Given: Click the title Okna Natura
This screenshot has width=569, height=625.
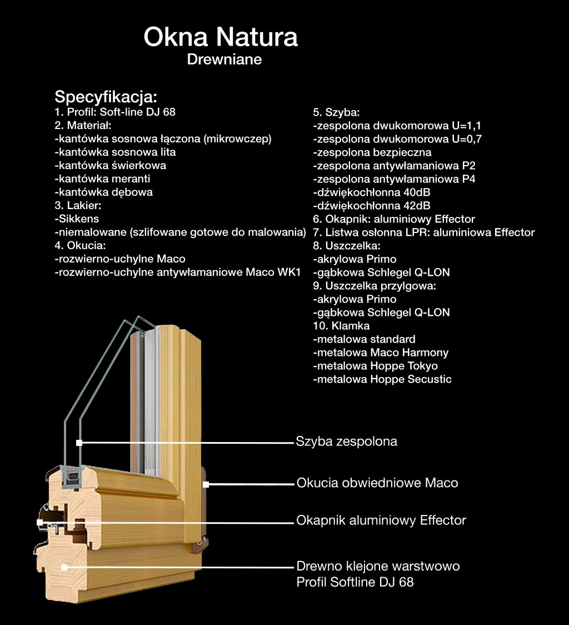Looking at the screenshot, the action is (221, 37).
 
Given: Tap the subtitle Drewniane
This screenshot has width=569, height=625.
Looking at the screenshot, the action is (224, 59).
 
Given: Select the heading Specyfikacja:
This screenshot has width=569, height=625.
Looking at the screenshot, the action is (106, 97).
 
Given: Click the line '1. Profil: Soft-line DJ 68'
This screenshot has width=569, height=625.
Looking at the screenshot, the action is (115, 112).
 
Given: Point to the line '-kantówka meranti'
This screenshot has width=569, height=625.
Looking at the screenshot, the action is (102, 178).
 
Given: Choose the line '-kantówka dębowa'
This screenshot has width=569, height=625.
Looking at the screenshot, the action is (103, 192).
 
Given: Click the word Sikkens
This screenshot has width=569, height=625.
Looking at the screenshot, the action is (79, 219).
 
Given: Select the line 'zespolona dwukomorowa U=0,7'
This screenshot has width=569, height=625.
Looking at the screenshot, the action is (397, 139).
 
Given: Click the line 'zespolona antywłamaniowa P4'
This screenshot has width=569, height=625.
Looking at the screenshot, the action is (394, 179).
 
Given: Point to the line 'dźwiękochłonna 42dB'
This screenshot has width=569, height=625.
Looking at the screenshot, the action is (372, 206).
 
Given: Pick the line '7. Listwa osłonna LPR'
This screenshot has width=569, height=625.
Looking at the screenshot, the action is (424, 232).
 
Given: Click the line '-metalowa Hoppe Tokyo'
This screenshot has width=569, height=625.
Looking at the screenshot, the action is (375, 366).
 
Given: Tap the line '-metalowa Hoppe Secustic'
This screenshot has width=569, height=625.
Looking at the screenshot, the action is (382, 379).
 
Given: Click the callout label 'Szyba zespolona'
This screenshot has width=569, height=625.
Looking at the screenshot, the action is (346, 442).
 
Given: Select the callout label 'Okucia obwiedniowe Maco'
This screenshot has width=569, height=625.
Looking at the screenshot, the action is (377, 483).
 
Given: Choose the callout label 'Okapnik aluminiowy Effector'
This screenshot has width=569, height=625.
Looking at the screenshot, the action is (381, 520).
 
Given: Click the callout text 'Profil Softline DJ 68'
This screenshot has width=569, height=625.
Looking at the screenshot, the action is (355, 582).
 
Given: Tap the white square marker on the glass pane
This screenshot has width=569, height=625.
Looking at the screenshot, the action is (79, 443).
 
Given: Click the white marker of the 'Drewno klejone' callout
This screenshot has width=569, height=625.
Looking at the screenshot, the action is (64, 568).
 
